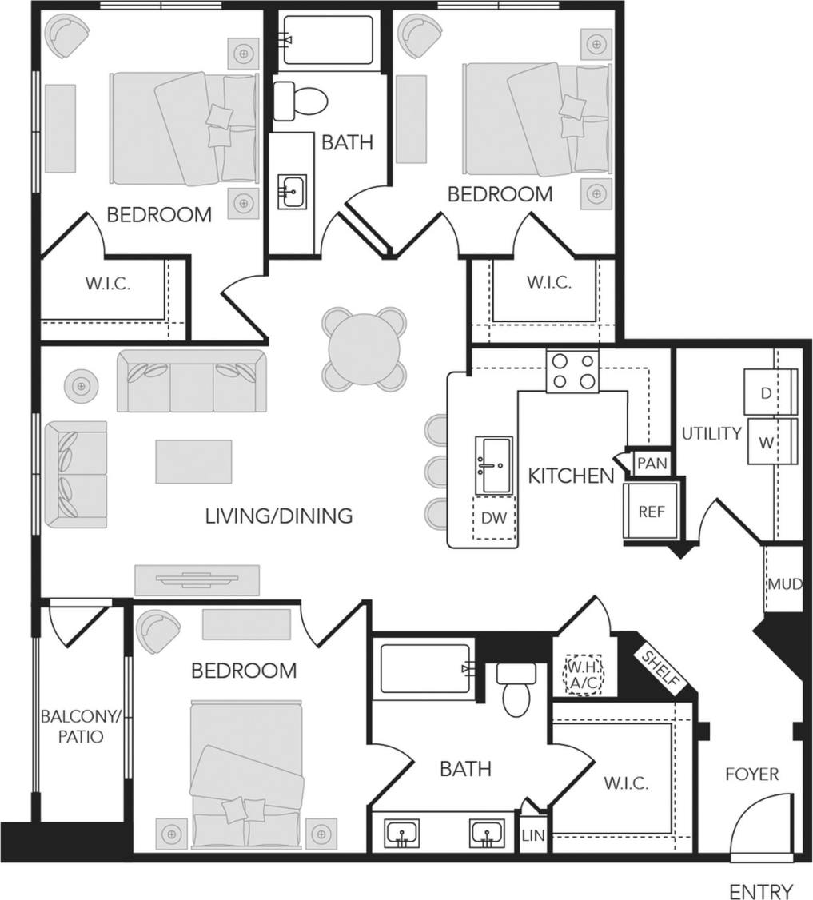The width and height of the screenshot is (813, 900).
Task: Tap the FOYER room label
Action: point(751,774)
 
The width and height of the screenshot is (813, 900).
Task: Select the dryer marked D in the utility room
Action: point(766,392)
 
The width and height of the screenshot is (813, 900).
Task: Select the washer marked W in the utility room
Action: point(766,442)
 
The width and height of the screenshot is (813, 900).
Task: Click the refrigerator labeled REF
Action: point(652,512)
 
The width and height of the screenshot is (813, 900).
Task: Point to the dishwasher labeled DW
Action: point(494,517)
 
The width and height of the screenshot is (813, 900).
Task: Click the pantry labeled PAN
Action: point(652,464)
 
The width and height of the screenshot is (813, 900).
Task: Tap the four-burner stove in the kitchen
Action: point(572,372)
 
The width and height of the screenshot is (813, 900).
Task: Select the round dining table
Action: point(362,349)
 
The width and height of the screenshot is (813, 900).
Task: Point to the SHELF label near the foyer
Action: point(663,670)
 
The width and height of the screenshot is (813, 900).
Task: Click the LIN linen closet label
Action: point(533,835)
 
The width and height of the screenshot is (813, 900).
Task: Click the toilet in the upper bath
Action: point(301,102)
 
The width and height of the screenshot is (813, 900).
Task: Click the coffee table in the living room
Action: point(193,461)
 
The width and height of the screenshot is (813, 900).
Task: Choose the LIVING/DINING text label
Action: point(279,516)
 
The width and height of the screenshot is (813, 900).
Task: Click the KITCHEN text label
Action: point(571,476)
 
